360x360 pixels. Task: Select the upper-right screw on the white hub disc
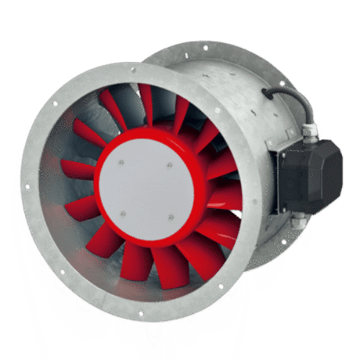[x=170, y=165]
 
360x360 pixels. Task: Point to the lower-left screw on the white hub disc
[x=122, y=214]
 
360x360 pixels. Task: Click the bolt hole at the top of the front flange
[x=132, y=70]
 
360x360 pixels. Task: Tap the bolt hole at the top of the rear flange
[x=205, y=48]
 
